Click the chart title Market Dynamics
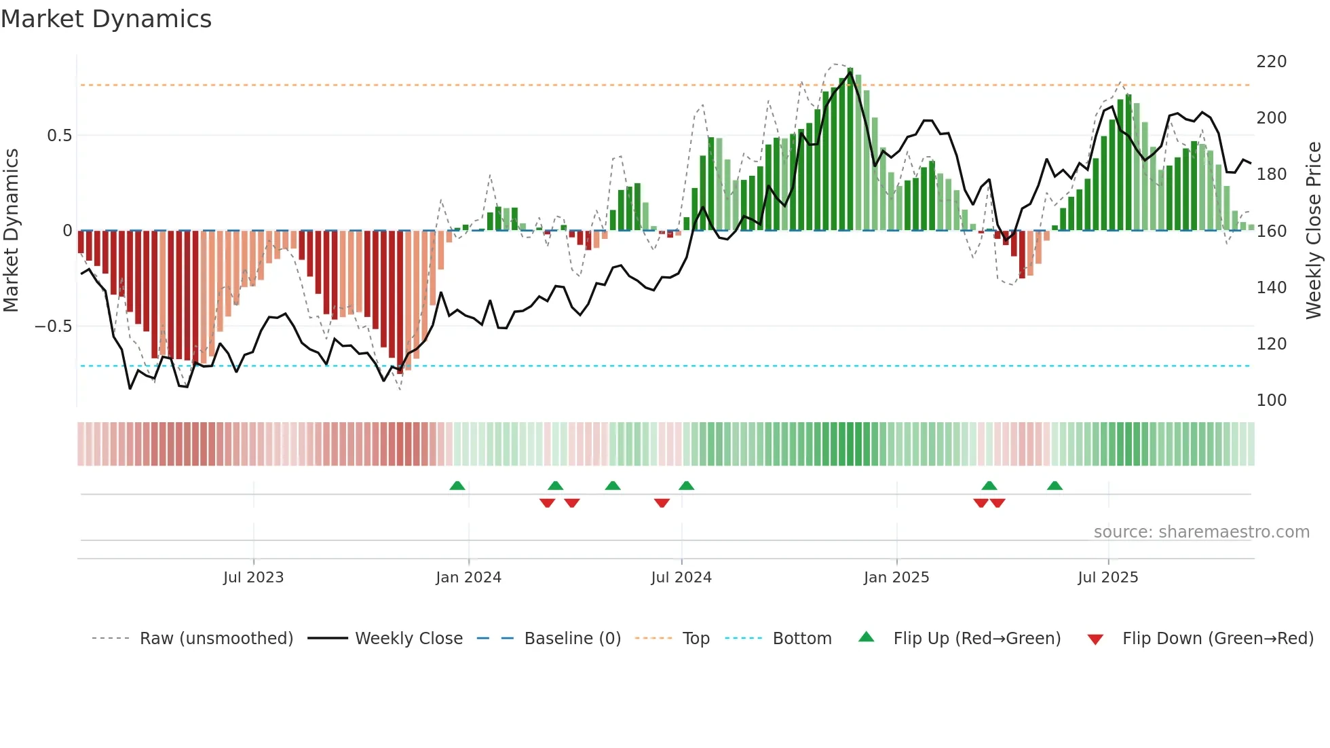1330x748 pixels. click(x=106, y=19)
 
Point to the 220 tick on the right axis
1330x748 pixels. click(x=1271, y=62)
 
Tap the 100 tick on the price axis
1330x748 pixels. click(x=1271, y=400)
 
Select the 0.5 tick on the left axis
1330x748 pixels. click(x=59, y=136)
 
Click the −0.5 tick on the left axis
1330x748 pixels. click(x=54, y=326)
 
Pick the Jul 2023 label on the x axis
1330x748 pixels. click(x=253, y=578)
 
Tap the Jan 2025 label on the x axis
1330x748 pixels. click(x=896, y=578)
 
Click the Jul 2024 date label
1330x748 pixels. click(x=681, y=578)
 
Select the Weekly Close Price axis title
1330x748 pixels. click(x=1314, y=231)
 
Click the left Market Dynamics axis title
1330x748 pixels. click(x=11, y=231)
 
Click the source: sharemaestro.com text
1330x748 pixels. click(x=1201, y=532)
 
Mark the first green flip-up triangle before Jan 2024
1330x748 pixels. click(x=457, y=486)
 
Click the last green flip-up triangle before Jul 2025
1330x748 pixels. click(x=1054, y=486)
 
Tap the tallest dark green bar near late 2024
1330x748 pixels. click(x=850, y=149)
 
